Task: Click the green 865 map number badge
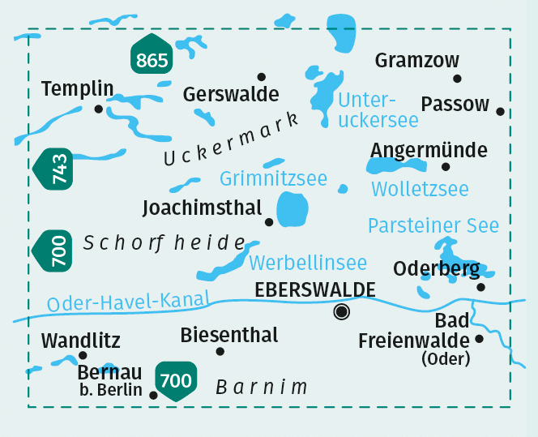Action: (x=152, y=58)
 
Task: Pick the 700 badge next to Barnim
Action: (x=176, y=380)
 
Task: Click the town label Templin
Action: (x=77, y=88)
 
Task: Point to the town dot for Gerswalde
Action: (x=261, y=76)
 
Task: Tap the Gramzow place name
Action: (x=417, y=61)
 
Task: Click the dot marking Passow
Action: (x=501, y=112)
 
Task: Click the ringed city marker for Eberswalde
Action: (x=342, y=311)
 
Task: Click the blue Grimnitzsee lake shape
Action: (x=292, y=210)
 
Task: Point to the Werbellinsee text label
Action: (x=308, y=263)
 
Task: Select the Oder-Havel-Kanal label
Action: (x=128, y=301)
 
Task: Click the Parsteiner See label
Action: (x=433, y=225)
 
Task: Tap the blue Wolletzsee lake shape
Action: (x=396, y=166)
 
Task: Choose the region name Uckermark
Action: (x=231, y=137)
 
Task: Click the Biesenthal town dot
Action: (x=220, y=351)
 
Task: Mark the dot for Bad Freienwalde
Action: (x=479, y=340)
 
